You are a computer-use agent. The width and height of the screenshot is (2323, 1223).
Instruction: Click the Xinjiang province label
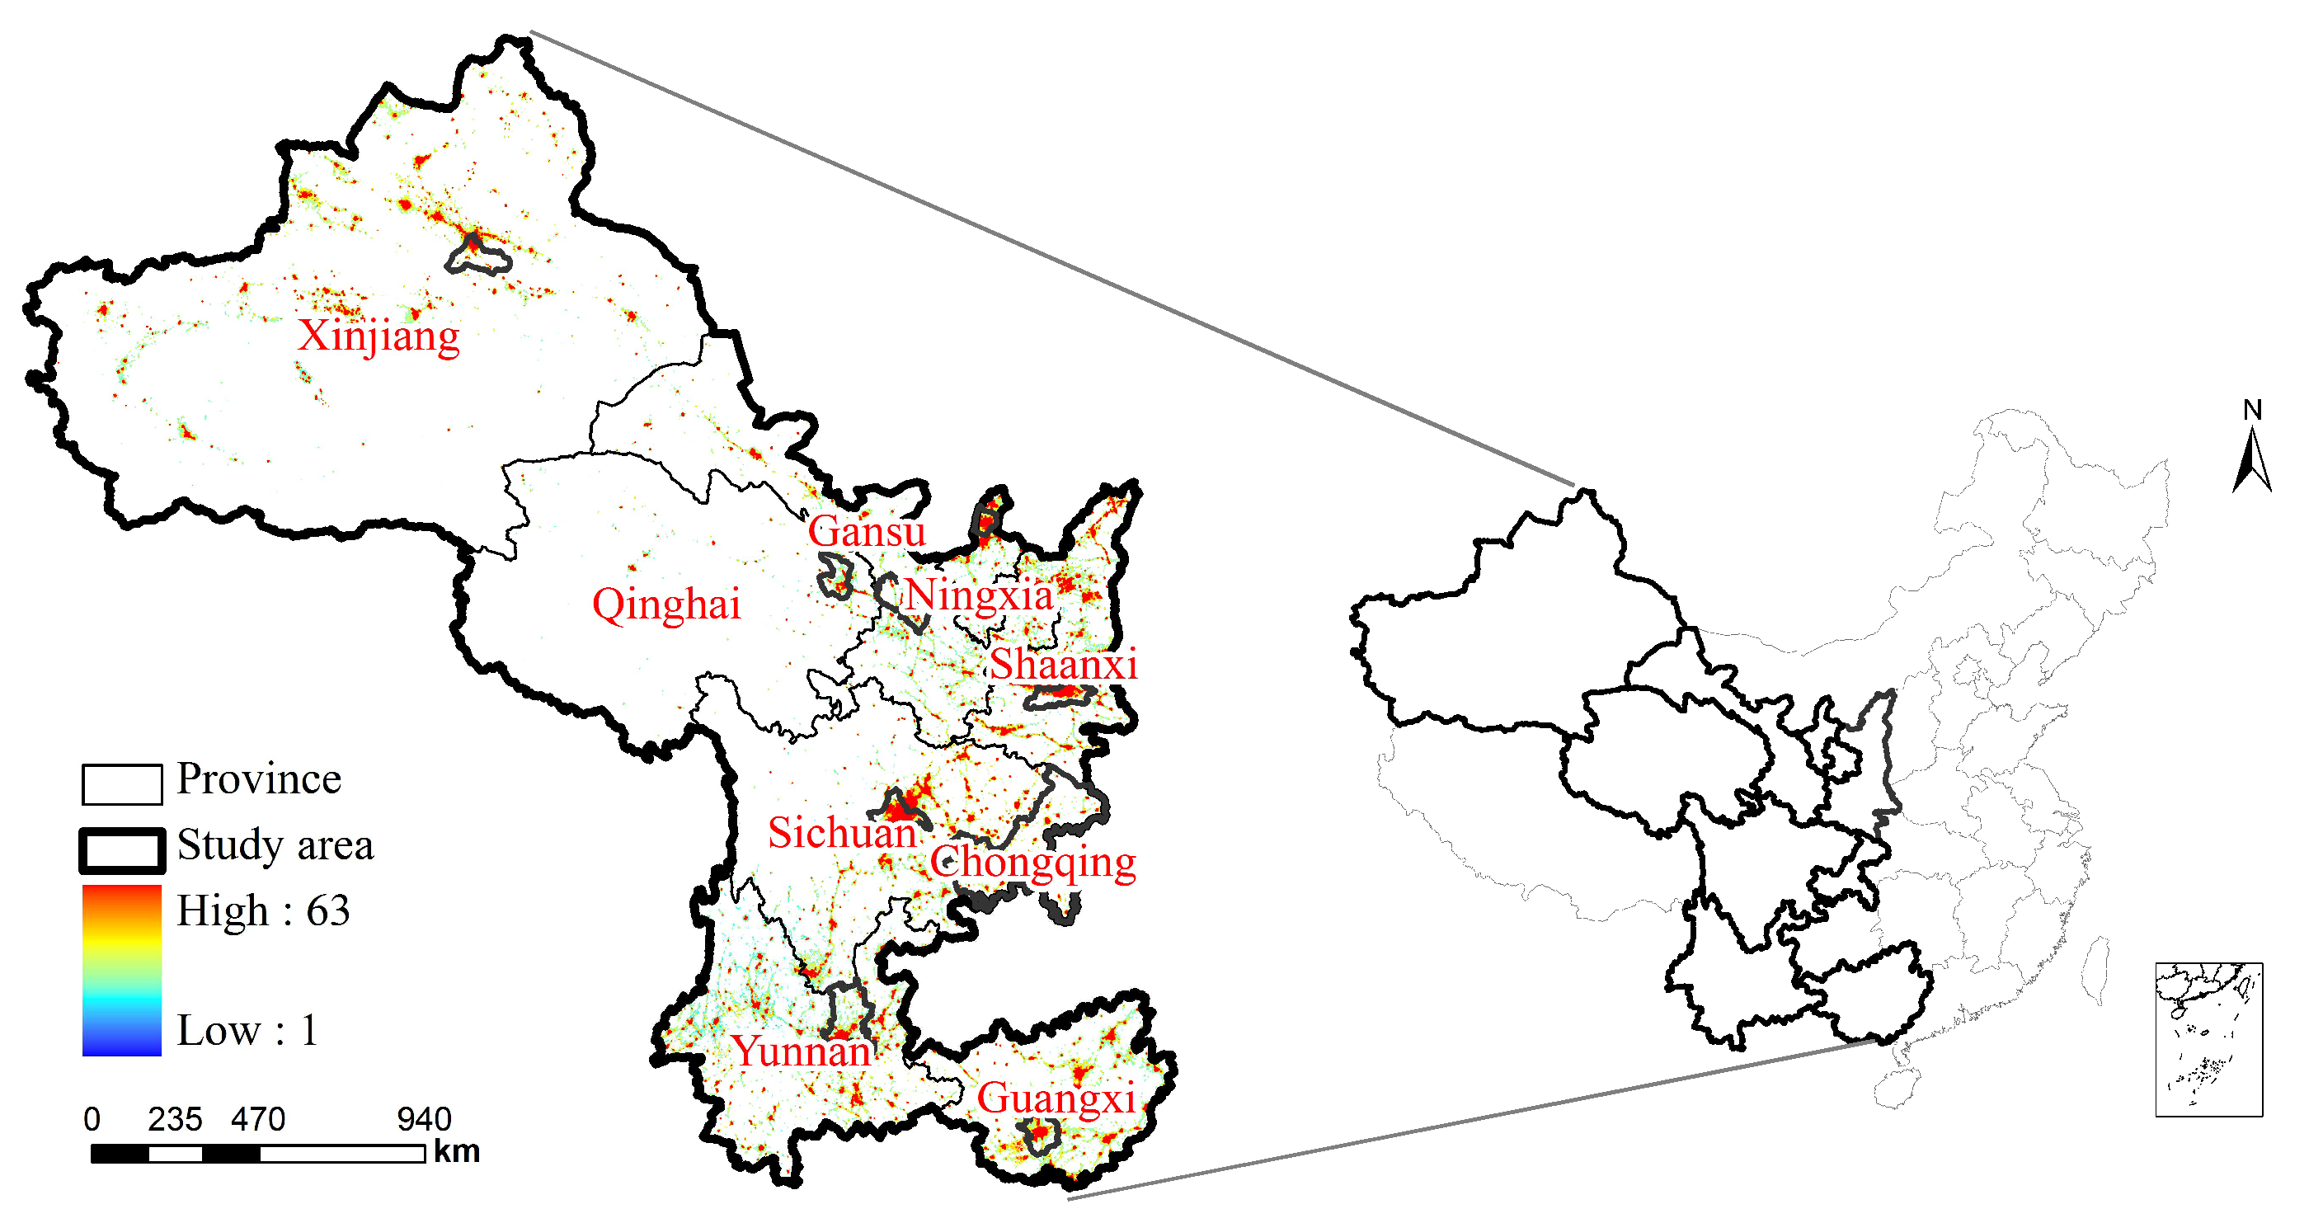pos(379,336)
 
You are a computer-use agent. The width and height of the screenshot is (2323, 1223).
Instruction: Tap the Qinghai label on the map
pos(665,604)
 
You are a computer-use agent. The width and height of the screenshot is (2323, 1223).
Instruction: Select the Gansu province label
pos(866,531)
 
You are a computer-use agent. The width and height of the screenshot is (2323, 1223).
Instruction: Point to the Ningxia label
pos(980,595)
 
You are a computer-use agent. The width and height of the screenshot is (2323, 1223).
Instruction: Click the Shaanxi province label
pos(1063,665)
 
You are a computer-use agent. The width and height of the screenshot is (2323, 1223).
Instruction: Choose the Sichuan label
pos(842,832)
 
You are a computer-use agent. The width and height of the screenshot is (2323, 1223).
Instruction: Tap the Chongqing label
pos(1032,863)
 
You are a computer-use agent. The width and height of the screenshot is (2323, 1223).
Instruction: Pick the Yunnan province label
pos(801,1051)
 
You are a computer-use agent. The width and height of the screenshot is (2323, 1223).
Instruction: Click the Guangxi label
pos(1056,1098)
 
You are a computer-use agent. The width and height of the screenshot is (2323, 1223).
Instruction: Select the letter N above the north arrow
pos(2253,411)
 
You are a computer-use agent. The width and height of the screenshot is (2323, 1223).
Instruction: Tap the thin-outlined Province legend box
pos(122,783)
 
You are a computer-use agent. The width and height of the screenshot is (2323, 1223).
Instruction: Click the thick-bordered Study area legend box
pos(122,850)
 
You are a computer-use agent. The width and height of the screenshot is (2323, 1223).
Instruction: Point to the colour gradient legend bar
pos(122,970)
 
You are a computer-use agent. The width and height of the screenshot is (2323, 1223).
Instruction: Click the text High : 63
pos(263,911)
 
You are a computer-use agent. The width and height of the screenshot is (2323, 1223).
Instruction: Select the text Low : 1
pos(248,1030)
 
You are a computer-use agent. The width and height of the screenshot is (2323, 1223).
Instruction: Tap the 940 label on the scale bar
pos(424,1120)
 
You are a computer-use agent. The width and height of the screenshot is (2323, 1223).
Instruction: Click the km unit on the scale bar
pos(456,1153)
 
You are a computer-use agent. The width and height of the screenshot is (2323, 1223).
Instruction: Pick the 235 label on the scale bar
pos(175,1120)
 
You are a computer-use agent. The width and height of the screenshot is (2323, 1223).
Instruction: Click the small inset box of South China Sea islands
pos(2208,1040)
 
